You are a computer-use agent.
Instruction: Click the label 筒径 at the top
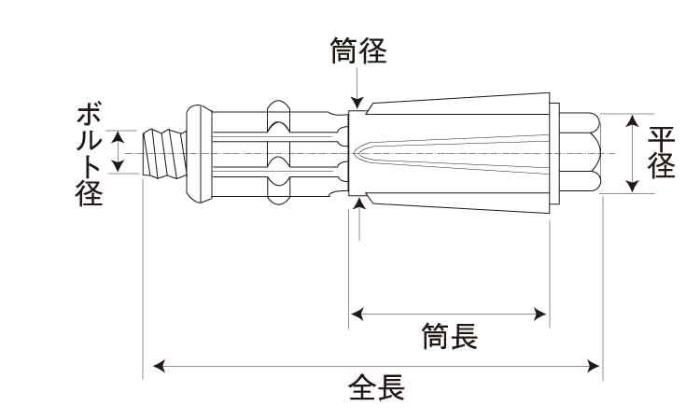(358, 51)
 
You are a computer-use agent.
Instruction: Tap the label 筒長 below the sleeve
(449, 336)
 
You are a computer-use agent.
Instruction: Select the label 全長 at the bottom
(376, 387)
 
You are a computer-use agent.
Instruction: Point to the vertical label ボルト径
(89, 154)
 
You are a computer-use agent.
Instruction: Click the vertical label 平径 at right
(662, 153)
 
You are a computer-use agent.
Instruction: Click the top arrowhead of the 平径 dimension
(634, 121)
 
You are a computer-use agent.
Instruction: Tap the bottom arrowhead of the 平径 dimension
(634, 186)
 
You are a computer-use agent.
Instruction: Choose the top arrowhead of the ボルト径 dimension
(118, 137)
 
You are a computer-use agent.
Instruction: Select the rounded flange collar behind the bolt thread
(198, 153)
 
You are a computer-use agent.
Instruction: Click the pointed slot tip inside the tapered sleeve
(360, 152)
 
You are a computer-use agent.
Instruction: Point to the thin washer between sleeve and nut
(553, 153)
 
